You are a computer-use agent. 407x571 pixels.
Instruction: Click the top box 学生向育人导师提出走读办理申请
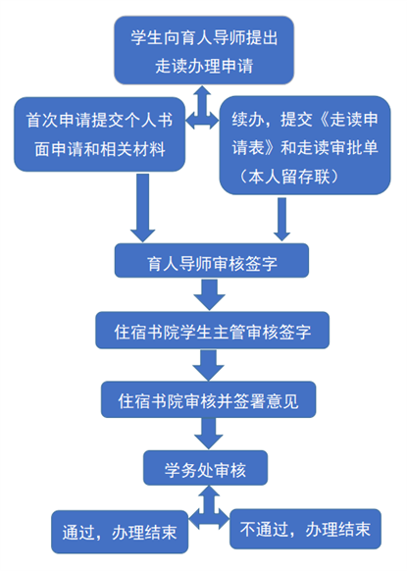[x=204, y=50]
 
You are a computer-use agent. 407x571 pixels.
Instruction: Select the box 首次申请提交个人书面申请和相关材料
[x=99, y=134]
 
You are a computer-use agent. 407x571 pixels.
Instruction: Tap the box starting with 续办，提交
[x=305, y=145]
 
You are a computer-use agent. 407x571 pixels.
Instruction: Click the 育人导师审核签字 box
[x=212, y=261]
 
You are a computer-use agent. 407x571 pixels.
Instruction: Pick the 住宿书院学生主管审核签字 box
[x=212, y=330]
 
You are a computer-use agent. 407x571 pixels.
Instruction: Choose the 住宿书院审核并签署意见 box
[x=208, y=399]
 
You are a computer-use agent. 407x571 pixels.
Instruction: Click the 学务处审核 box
[x=205, y=468]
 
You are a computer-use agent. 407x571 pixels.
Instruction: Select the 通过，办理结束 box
[x=120, y=532]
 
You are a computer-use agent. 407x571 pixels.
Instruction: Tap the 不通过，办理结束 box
[x=305, y=529]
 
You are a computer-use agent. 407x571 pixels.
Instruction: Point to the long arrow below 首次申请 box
[x=143, y=208]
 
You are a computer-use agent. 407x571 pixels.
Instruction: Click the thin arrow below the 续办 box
[x=281, y=219]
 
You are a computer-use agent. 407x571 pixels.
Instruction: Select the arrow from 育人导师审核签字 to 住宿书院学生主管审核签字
[x=209, y=294]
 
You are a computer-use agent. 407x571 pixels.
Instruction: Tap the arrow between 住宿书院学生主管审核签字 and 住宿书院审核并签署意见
[x=208, y=365]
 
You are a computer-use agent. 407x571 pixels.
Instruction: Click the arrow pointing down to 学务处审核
[x=209, y=434]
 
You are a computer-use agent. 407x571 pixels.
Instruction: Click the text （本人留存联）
[x=289, y=177]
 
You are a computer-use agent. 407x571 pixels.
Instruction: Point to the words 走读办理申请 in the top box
[x=204, y=67]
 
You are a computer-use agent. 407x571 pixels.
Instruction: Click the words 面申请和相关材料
[x=100, y=149]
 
